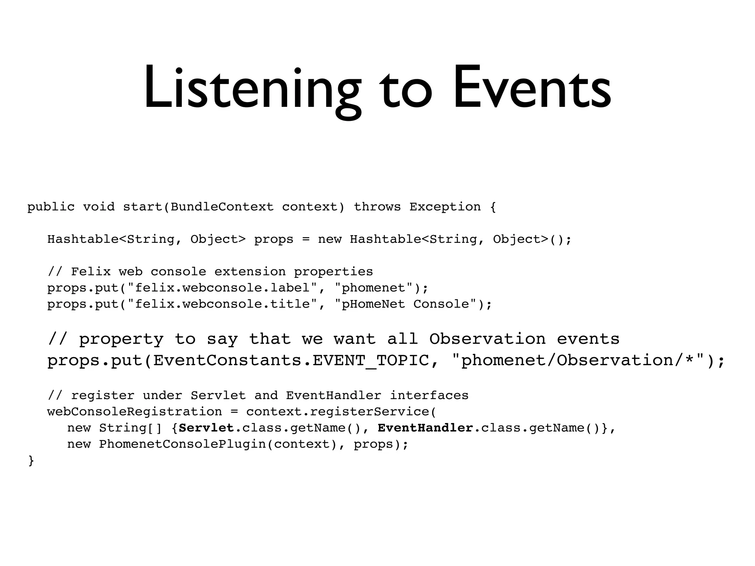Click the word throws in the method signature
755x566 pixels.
point(377,207)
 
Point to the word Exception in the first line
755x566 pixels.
point(445,207)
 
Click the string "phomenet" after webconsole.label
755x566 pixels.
point(373,288)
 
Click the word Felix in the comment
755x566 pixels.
point(91,272)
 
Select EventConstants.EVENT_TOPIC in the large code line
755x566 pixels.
point(291,360)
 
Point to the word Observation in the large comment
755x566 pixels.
point(487,339)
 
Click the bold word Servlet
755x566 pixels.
point(206,428)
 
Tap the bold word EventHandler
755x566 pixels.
point(425,428)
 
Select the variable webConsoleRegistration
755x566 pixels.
point(135,412)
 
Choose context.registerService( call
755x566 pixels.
point(341,412)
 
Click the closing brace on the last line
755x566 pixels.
point(31,461)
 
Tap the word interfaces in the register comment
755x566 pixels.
point(429,396)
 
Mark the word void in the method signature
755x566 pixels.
point(99,207)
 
